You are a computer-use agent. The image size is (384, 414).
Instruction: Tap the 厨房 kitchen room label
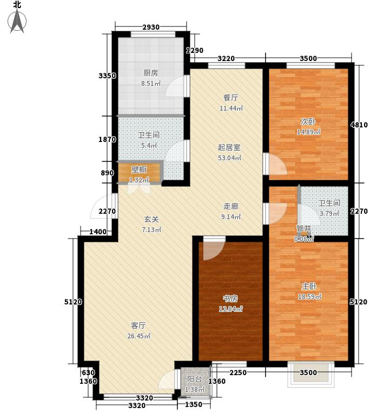pos(150,73)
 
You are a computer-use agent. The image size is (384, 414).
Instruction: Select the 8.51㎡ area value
pos(151,84)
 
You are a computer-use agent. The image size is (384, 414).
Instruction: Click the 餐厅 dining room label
pos(231,98)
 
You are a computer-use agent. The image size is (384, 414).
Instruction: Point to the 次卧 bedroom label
pos(308,121)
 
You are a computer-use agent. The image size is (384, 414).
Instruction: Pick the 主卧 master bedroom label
pos(309,286)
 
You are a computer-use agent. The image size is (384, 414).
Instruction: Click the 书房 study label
pos(230,298)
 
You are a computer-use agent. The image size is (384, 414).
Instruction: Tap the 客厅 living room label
pos(138,325)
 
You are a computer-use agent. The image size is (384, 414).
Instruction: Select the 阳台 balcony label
pos(195,379)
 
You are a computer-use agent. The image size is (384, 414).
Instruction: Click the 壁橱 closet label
pos(139,169)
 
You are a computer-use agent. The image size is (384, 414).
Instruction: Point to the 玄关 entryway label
pos(151,219)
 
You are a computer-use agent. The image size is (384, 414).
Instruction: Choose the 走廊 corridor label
pos(231,206)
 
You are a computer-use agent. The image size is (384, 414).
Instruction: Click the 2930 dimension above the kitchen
pos(151,27)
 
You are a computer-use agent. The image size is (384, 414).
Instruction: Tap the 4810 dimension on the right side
pos(359,125)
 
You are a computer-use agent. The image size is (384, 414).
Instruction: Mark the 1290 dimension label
pos(195,50)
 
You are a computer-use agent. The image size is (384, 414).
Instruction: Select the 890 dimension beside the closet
pos(107,173)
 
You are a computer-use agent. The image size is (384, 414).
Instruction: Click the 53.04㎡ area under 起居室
pos(229,158)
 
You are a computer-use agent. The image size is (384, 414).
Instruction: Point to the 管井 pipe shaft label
pos(303,228)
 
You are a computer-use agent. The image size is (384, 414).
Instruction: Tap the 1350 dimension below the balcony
pos(193,404)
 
